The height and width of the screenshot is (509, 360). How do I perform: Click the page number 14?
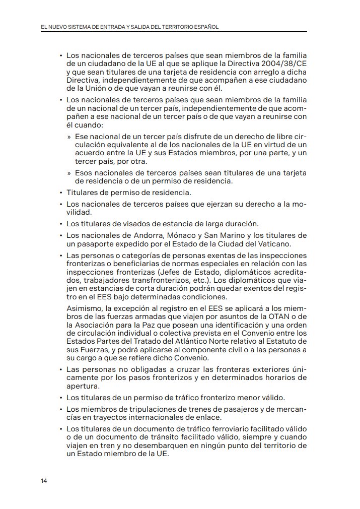pos(44,481)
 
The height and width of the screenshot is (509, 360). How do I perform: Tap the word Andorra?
pos(146,235)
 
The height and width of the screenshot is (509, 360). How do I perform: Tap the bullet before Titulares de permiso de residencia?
pos(60,193)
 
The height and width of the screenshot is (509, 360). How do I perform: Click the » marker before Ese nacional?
pos(69,137)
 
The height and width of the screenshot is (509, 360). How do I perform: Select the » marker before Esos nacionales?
pos(69,173)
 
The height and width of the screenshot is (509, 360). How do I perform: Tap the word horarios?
pos(278,377)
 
